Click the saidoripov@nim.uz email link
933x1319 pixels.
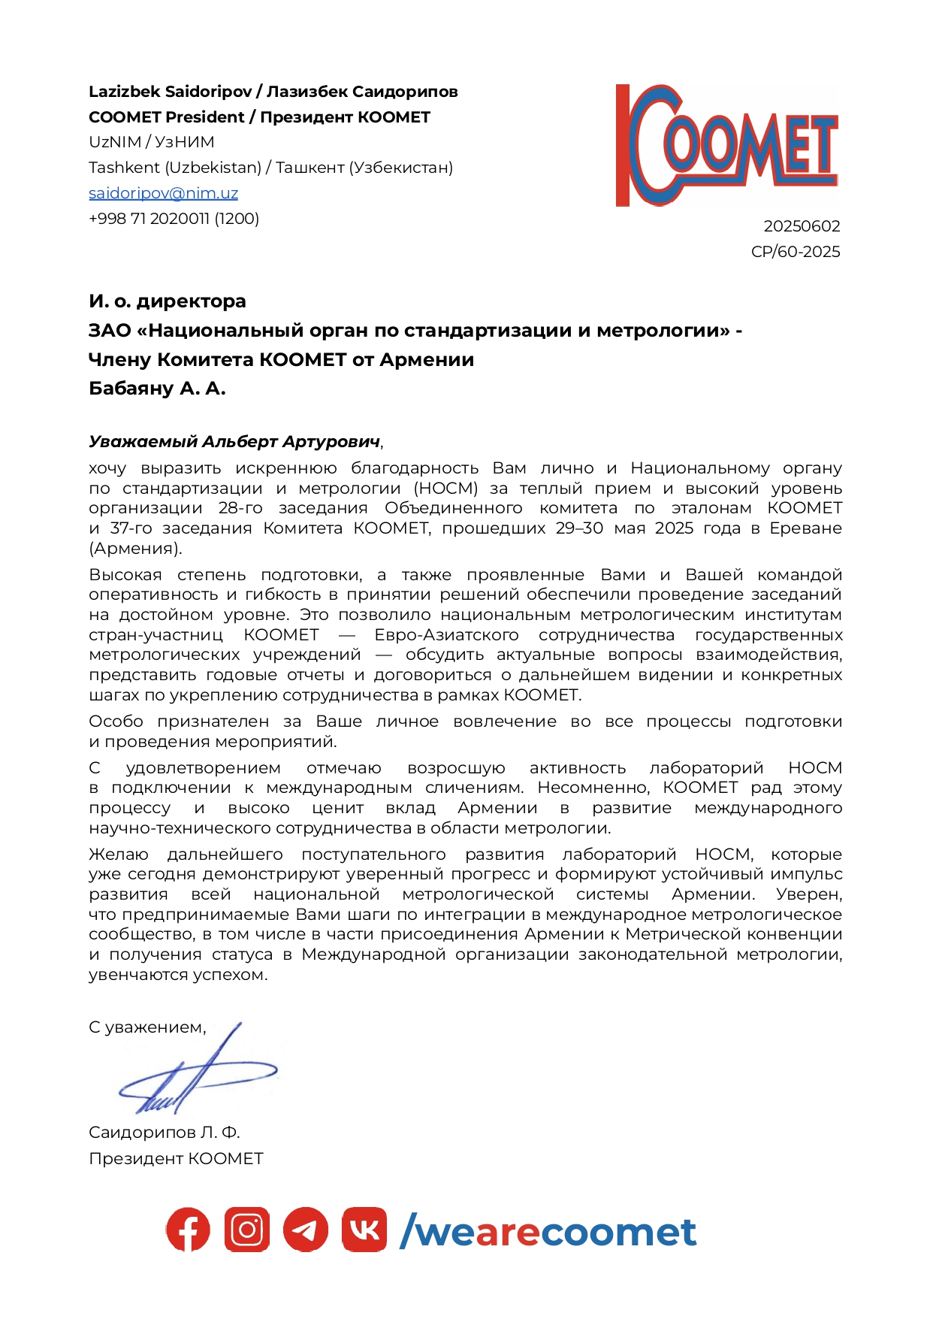(x=163, y=193)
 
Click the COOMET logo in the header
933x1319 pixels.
(x=726, y=145)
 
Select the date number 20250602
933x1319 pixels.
(x=802, y=226)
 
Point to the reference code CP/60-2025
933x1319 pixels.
(x=796, y=252)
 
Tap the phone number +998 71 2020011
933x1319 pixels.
(x=174, y=219)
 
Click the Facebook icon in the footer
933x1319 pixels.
(x=188, y=1230)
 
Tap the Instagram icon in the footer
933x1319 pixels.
(x=246, y=1230)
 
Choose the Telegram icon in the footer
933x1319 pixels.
(x=305, y=1230)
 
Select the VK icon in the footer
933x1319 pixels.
(x=364, y=1230)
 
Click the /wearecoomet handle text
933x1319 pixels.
(x=548, y=1232)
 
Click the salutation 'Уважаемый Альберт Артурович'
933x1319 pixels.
(x=234, y=442)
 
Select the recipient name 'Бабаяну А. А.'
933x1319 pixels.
(x=157, y=389)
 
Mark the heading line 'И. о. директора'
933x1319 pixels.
(x=168, y=301)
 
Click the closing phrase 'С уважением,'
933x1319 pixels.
(x=147, y=1027)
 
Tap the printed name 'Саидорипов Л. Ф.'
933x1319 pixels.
(x=164, y=1133)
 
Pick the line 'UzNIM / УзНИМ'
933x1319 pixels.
(x=152, y=142)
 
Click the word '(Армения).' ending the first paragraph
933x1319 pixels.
(x=135, y=549)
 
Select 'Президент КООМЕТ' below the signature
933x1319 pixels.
(x=176, y=1159)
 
